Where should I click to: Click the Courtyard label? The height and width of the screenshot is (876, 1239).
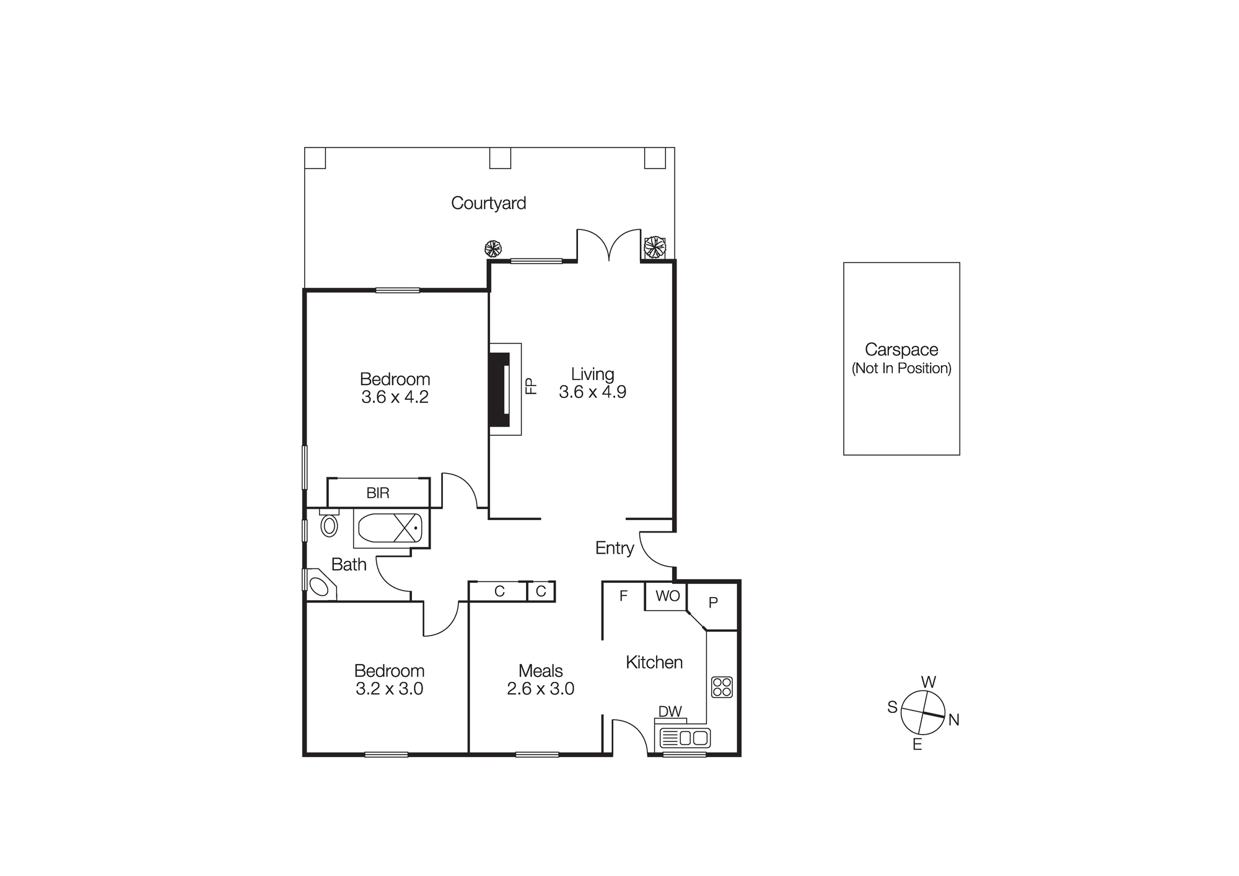click(488, 203)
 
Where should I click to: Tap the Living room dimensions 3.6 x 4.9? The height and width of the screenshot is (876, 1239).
click(592, 392)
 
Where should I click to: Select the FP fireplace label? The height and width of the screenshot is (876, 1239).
click(531, 386)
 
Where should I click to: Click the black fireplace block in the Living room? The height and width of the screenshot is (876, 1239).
click(499, 389)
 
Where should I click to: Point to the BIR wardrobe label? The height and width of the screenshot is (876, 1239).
click(378, 493)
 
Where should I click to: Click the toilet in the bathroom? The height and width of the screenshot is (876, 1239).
click(329, 525)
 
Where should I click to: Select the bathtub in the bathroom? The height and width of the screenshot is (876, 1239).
click(390, 528)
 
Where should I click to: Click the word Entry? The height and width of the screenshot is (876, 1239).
click(614, 548)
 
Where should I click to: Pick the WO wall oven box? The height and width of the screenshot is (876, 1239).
click(667, 596)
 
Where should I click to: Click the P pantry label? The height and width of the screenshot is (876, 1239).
click(713, 602)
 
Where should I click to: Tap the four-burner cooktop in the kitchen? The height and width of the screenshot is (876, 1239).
click(722, 687)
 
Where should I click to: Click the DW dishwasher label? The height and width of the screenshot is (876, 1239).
click(670, 712)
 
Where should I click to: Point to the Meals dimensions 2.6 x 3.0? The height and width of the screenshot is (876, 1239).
click(540, 689)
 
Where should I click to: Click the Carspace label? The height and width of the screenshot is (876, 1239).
click(901, 350)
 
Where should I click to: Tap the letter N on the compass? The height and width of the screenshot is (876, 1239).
click(953, 720)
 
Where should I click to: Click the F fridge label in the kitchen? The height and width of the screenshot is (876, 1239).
click(623, 596)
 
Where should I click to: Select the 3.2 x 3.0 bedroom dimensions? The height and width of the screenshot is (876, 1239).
click(389, 689)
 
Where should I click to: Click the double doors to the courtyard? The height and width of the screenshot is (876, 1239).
click(609, 246)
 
